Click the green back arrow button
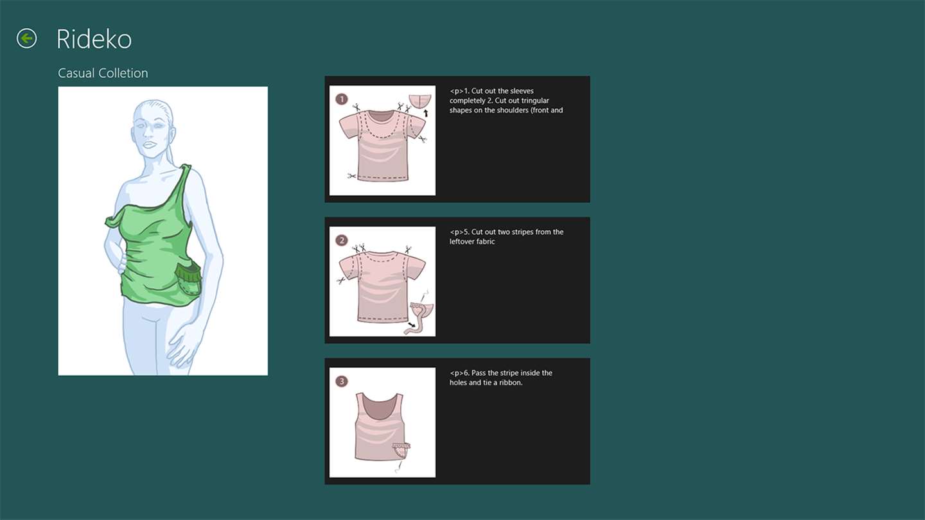point(26,39)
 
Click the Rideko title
point(94,39)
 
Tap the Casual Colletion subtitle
point(103,73)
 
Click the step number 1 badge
point(342,99)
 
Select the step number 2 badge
point(342,240)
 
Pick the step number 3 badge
point(342,381)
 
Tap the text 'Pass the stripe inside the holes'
point(500,377)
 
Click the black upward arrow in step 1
point(426,113)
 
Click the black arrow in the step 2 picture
point(411,325)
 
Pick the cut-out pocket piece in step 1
point(419,101)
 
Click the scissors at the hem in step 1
point(351,176)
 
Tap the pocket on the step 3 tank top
point(401,450)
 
